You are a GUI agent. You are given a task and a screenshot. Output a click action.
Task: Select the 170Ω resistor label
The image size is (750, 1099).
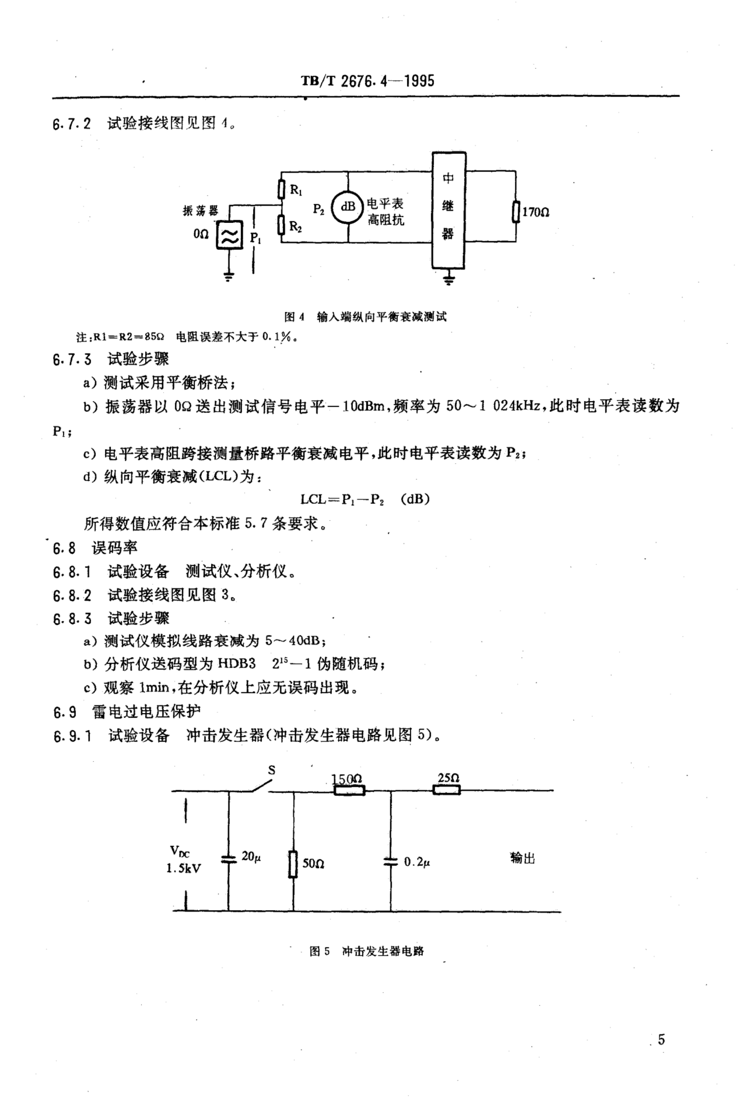click(535, 212)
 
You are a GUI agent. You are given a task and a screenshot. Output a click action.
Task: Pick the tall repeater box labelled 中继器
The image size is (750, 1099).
click(449, 210)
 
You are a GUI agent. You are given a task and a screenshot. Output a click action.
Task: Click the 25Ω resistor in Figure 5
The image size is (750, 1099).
click(447, 789)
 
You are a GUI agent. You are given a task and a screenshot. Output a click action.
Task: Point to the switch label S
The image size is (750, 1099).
click(272, 770)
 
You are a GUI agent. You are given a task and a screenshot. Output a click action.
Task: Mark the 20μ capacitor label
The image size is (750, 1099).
click(251, 856)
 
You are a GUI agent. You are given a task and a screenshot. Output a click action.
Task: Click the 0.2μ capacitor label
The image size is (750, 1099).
click(417, 862)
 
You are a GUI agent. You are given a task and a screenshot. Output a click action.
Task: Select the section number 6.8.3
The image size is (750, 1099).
click(72, 619)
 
